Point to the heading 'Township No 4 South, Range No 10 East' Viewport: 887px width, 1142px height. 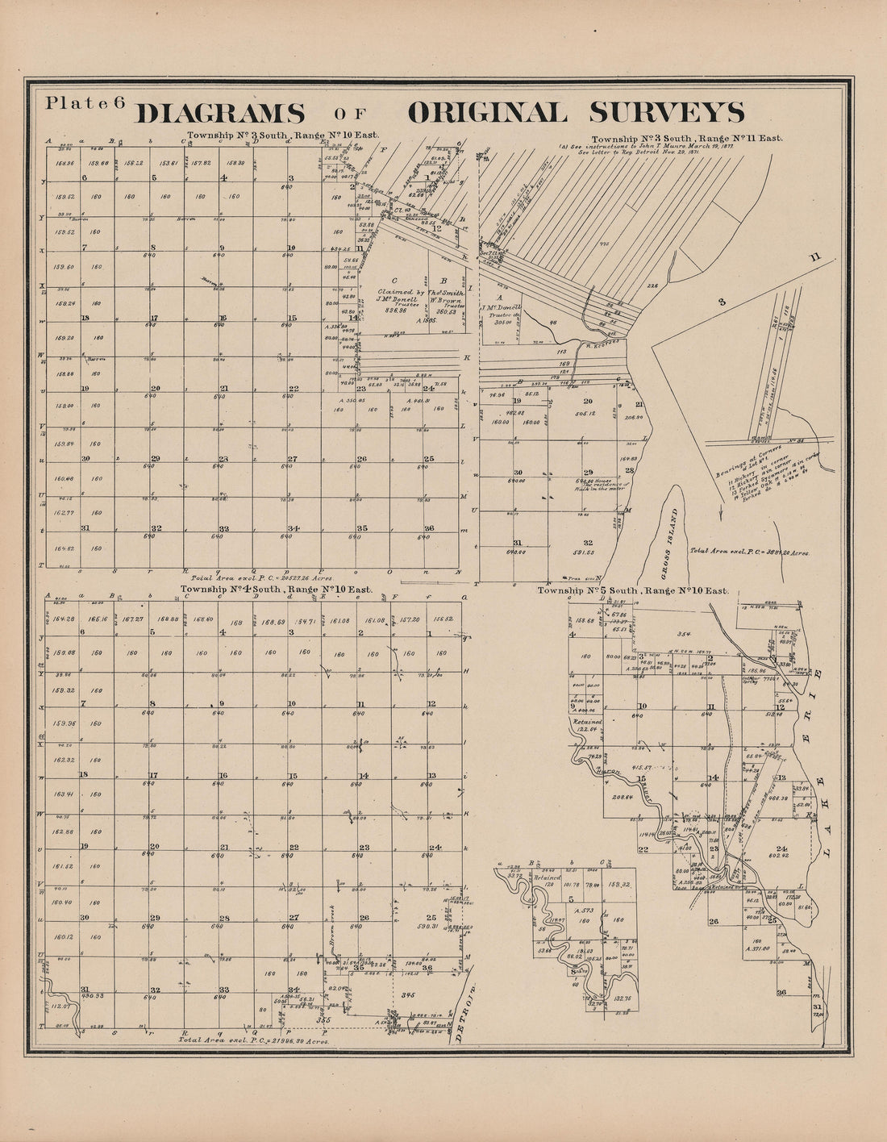point(276,590)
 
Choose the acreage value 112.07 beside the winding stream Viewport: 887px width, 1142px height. point(60,1005)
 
